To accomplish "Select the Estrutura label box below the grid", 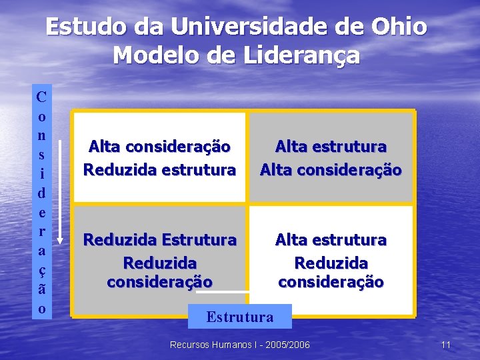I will pos(240,317).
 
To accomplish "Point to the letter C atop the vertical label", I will pos(41,97).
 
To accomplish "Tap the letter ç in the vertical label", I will pos(41,273).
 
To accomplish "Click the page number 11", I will pos(446,345).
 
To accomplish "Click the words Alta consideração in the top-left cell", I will pos(159,146).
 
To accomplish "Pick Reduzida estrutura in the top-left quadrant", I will pos(159,170).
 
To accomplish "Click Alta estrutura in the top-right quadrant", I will pos(331,146).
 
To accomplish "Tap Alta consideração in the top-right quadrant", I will pos(331,170).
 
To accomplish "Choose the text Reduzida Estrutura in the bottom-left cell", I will pos(159,239).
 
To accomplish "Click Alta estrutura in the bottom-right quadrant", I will pos(331,239).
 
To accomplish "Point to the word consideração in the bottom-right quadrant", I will pos(331,282).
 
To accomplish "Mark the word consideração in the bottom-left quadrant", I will pos(159,282).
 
